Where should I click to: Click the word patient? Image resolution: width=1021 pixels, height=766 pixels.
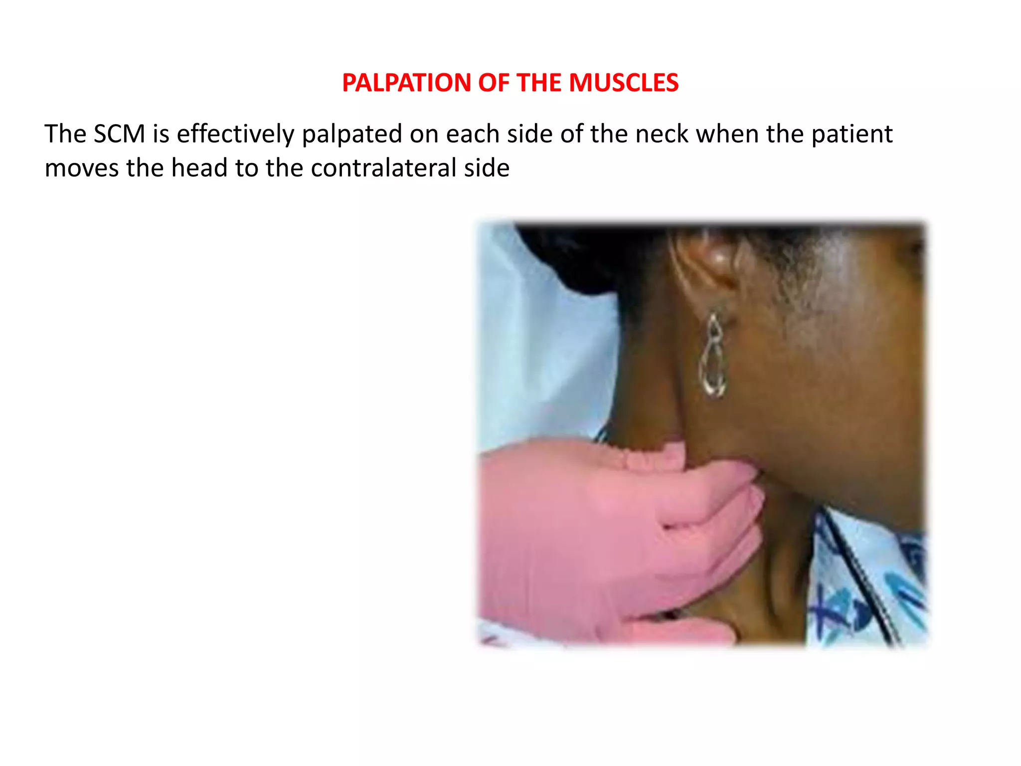click(851, 135)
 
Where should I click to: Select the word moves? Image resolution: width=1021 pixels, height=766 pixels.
click(82, 168)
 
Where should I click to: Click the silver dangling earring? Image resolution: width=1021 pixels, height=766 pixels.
click(713, 357)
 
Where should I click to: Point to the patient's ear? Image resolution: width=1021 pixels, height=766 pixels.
click(708, 264)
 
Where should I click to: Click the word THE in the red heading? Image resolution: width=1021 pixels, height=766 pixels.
click(540, 83)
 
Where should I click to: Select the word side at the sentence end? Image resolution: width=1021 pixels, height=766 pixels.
click(487, 168)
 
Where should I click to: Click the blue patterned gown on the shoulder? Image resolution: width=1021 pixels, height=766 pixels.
click(867, 588)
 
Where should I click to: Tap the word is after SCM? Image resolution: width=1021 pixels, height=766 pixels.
click(161, 134)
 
